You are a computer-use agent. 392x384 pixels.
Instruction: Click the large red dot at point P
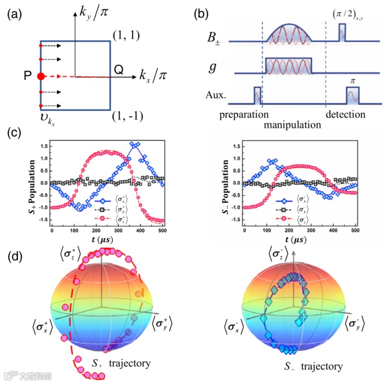click(40, 76)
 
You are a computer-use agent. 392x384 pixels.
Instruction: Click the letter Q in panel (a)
click(118, 69)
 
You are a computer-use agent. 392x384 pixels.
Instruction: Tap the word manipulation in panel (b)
click(292, 124)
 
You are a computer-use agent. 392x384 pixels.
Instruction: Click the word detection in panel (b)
click(346, 114)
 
